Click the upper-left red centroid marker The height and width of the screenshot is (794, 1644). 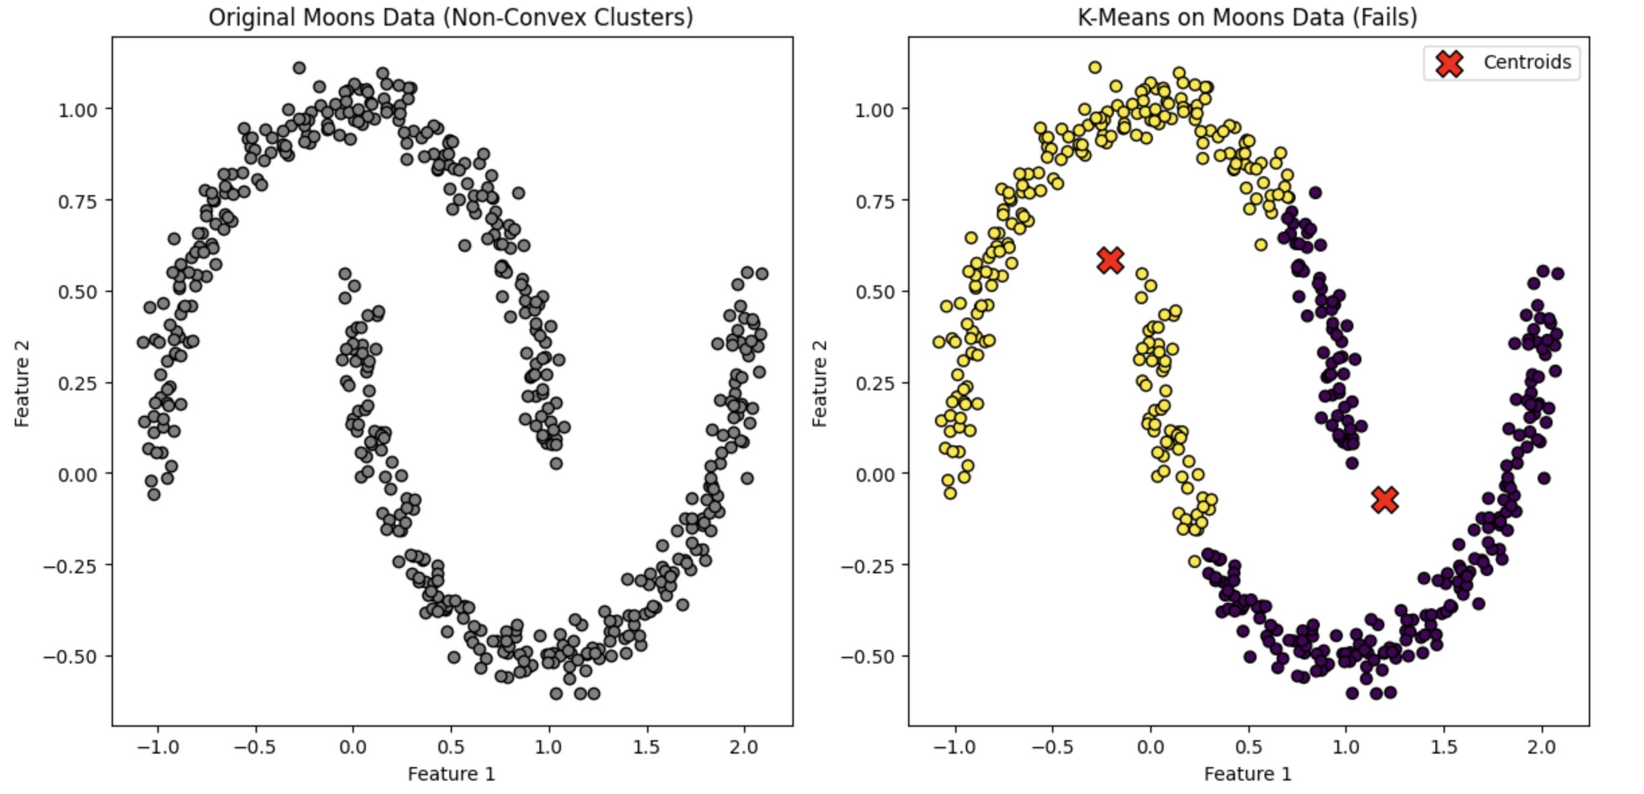pos(1111,260)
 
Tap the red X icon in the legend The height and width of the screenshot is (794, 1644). pos(1450,63)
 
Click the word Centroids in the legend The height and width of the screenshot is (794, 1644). pos(1527,63)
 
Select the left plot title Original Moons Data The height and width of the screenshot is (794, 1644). pos(451,17)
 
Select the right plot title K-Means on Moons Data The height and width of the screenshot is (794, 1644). pos(1247,17)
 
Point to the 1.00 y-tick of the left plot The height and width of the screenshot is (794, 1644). pos(77,110)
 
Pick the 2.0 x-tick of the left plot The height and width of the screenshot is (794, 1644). pos(744,747)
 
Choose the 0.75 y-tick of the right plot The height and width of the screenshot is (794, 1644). pos(874,201)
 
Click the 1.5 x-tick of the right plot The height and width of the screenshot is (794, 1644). pos(1444,747)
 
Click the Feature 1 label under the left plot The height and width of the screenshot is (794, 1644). pos(451,774)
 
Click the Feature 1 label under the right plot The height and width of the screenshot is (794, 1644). pos(1248,774)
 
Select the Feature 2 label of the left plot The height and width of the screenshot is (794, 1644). pos(22,384)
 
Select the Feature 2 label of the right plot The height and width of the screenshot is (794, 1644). pos(819,384)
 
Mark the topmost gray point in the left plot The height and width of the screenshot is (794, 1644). pos(299,68)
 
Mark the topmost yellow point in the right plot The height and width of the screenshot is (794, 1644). pos(1095,67)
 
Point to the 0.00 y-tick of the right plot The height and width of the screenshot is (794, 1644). pos(874,475)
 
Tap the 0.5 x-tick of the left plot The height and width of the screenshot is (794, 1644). pos(451,747)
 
